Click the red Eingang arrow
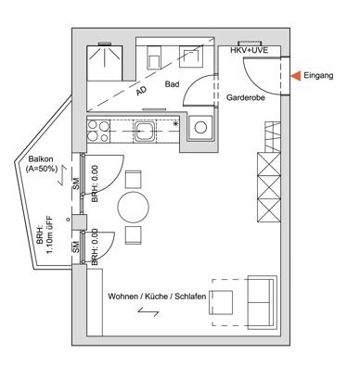coord(296,76)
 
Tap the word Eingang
coord(318,75)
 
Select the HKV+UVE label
coord(250,50)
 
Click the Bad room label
coord(172,84)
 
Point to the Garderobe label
coord(246,97)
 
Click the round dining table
coord(134,208)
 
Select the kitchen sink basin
coord(144,131)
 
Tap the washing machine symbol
coord(200,127)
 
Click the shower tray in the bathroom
coord(105,63)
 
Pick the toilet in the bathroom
coord(154,57)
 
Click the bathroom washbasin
coord(191,57)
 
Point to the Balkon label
coord(41,159)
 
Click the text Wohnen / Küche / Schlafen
coord(157,297)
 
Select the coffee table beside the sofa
coord(221,302)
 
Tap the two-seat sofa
coord(263,302)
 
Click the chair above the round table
coord(134,180)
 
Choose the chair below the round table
coord(134,235)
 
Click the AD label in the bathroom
coord(141,91)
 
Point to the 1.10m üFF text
coord(49,235)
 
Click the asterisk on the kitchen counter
coord(175,124)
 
